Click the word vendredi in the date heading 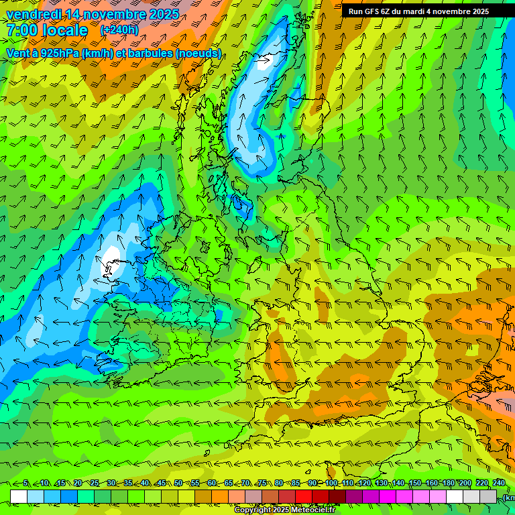click(34, 14)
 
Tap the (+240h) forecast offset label click(119, 30)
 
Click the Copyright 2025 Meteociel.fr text click(284, 510)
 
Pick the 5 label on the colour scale click(25, 483)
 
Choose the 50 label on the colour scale click(178, 483)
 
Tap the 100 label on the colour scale click(331, 483)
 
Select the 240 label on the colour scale click(498, 483)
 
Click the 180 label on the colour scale click(448, 483)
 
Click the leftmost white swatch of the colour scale click(19, 496)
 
